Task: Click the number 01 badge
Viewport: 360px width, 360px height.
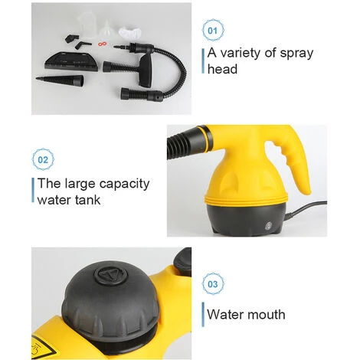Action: click(x=213, y=31)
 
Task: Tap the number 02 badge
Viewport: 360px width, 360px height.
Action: click(x=43, y=159)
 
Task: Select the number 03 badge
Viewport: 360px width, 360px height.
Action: click(x=213, y=284)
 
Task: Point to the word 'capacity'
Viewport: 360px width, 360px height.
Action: click(x=125, y=185)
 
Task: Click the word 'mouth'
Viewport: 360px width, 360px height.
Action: click(x=267, y=314)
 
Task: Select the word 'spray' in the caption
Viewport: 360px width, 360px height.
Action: click(x=296, y=54)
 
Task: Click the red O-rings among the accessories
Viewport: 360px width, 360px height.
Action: click(x=102, y=44)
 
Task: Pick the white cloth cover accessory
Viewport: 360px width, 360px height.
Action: click(x=130, y=33)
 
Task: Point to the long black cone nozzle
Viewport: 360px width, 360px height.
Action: click(x=60, y=80)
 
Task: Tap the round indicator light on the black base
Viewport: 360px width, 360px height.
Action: click(x=268, y=225)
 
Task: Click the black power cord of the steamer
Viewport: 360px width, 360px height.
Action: click(x=306, y=210)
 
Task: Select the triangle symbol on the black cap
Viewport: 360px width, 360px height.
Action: click(x=110, y=276)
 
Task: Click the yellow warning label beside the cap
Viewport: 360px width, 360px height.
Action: click(x=43, y=349)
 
